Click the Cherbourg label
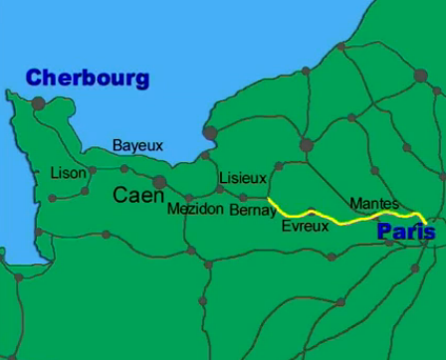(87, 78)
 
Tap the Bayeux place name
(137, 145)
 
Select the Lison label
(68, 173)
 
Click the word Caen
(132, 195)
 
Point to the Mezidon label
(195, 210)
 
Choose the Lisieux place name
(242, 178)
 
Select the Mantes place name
(374, 203)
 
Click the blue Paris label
(406, 232)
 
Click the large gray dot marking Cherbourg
(38, 102)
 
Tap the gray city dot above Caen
(159, 181)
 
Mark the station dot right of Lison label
(93, 170)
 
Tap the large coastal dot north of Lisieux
(209, 132)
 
